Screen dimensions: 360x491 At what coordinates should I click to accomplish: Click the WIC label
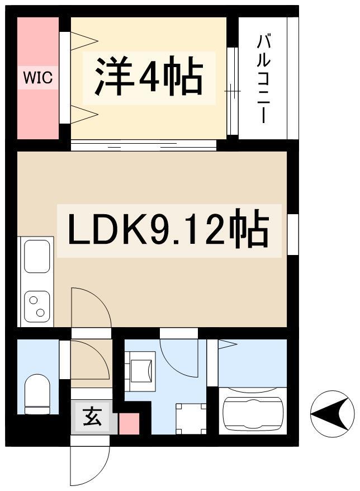pos(38,77)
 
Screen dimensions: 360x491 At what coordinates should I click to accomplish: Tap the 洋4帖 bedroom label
pos(149,77)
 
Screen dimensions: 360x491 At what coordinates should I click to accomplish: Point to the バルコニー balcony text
pos(263,78)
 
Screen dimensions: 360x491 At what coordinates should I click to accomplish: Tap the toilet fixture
pos(37,394)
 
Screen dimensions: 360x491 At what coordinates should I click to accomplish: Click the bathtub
pos(253,411)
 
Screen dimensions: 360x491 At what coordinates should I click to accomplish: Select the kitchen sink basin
pos(37,256)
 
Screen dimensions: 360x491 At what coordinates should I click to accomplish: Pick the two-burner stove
pos(37,306)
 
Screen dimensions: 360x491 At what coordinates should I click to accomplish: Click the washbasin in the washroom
pos(141,371)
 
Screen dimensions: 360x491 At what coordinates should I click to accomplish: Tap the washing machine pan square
pos(191,419)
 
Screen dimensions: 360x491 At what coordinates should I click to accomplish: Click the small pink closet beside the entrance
pos(129,424)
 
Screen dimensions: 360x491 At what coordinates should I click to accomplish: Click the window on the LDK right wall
pos(293,234)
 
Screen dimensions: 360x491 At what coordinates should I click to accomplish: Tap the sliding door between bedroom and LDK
pos(144,145)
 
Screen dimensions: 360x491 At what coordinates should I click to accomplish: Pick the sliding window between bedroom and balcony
pos(233,91)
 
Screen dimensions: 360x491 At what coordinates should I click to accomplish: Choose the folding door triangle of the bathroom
pos(228,344)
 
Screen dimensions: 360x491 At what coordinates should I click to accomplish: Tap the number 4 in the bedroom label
pos(149,77)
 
